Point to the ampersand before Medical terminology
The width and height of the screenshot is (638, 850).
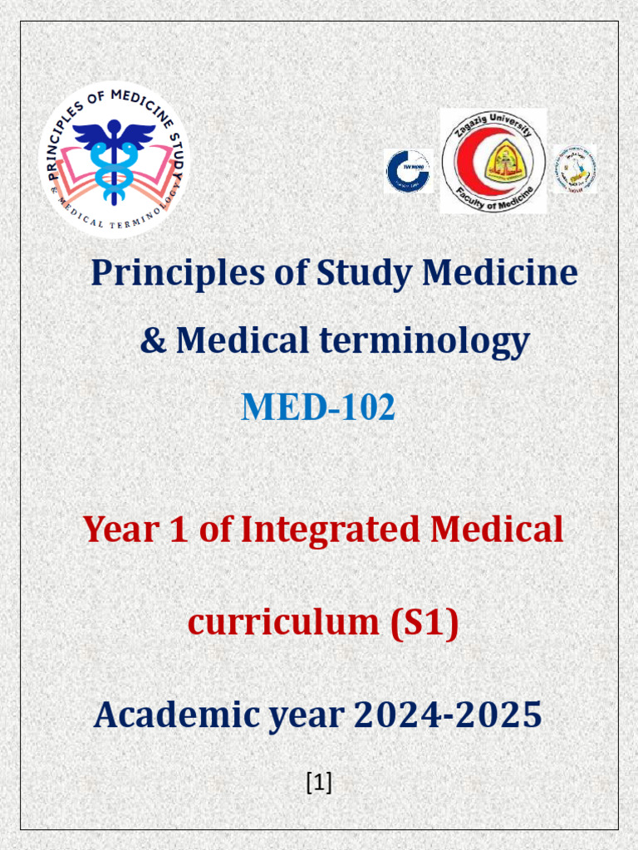(x=153, y=340)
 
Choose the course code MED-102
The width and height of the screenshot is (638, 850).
(x=318, y=408)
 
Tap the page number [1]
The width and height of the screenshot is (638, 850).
(x=319, y=781)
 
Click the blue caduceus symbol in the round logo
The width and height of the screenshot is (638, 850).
(x=114, y=158)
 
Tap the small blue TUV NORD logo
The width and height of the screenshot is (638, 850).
(x=408, y=171)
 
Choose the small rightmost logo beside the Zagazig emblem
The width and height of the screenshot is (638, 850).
(x=576, y=169)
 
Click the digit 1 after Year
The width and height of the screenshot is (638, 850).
(x=179, y=529)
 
